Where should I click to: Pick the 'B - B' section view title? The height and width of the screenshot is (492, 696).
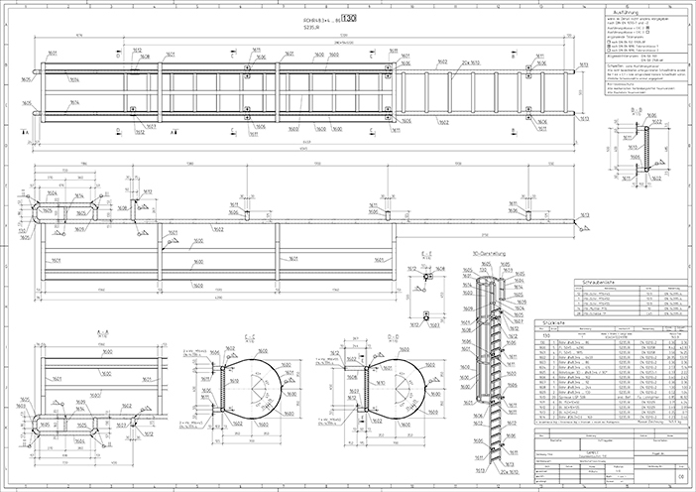point(646,115)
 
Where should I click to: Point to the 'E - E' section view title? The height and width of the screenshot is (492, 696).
point(426,255)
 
